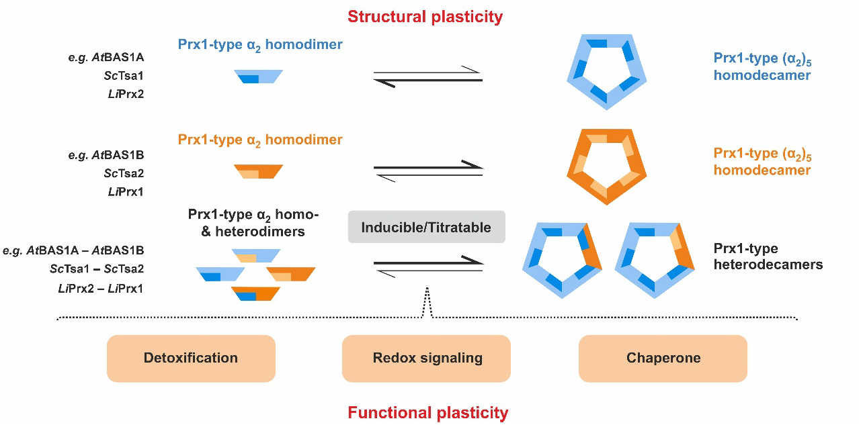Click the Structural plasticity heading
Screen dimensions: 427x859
tap(425, 16)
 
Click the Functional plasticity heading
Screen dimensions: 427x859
tap(427, 412)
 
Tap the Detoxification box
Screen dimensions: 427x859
tap(191, 358)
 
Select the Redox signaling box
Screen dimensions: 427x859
tap(427, 358)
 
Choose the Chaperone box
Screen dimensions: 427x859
tap(663, 358)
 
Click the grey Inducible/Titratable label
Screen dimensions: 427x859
tap(427, 228)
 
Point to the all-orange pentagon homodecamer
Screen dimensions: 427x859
tap(607, 165)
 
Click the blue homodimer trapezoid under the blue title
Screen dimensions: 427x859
tap(259, 77)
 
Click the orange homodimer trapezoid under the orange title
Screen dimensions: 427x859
tap(259, 171)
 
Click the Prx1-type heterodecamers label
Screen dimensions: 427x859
tap(768, 256)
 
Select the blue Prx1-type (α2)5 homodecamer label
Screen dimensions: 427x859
tap(762, 67)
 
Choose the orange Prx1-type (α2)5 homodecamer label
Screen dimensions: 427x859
tap(762, 162)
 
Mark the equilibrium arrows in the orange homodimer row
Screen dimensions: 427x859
tap(428, 170)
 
